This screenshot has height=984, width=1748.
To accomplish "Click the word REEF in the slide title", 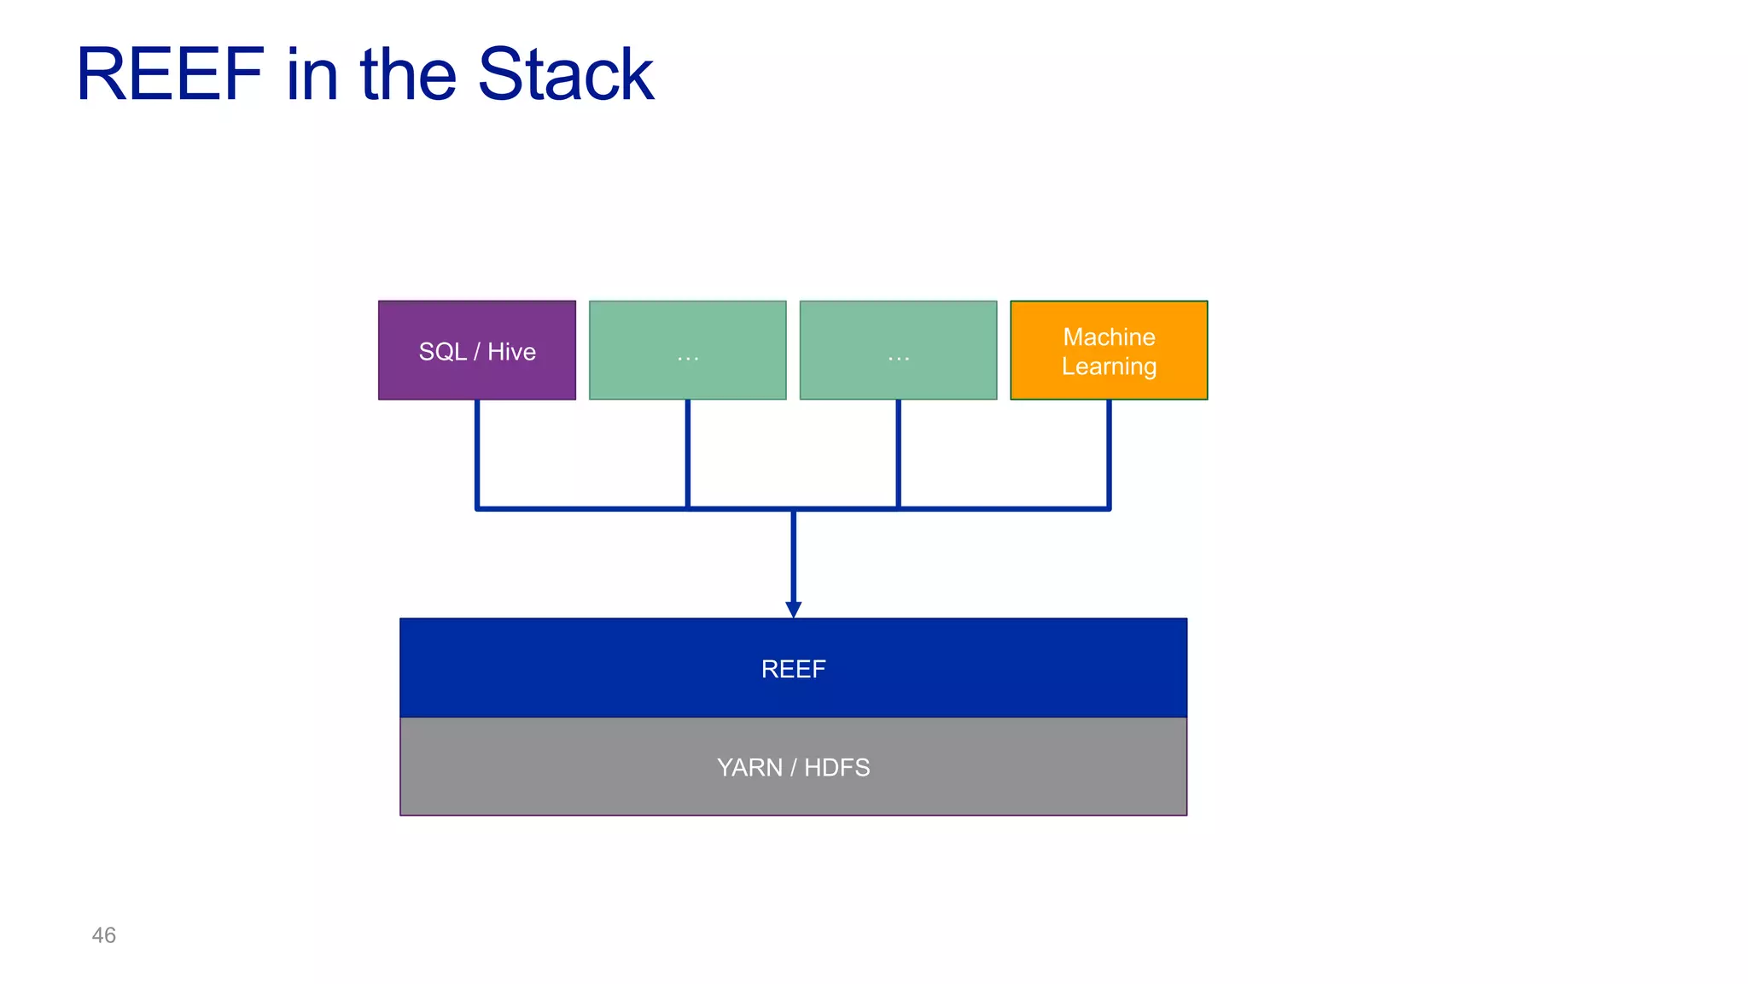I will point(171,75).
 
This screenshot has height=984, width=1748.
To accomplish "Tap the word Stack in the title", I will point(565,75).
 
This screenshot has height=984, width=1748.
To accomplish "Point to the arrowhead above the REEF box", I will point(793,609).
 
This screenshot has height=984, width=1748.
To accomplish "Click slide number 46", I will point(103,935).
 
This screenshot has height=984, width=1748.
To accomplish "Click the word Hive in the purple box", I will point(511,352).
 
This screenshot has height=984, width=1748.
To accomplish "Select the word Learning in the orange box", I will point(1109,366).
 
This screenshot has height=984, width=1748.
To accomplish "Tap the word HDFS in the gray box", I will point(836,767).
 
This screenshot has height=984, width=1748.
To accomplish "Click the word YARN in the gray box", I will point(749,767).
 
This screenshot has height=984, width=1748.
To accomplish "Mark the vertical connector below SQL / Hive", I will point(477,453).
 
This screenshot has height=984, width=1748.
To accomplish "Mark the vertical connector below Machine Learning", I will point(1109,453).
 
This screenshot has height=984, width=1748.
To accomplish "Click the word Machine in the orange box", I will point(1109,337).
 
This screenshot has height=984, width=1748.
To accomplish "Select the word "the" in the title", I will point(410,75).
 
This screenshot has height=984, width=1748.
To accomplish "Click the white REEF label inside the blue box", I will point(793,669).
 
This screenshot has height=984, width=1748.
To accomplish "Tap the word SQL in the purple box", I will point(442,352).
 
